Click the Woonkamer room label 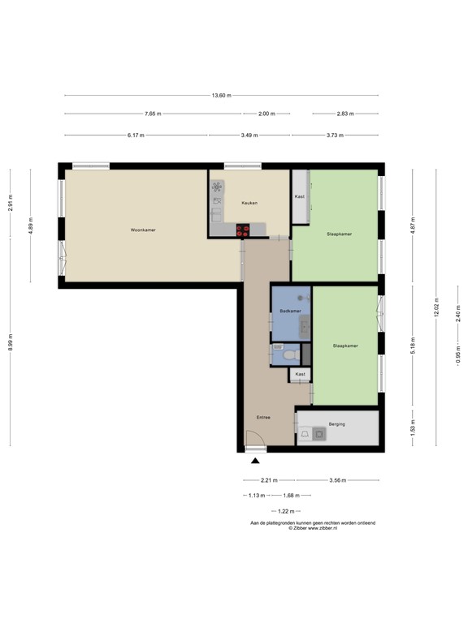tap(143, 230)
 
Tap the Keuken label tap(249, 203)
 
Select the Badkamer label tap(290, 311)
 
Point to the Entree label tap(263, 418)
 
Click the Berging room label tap(337, 424)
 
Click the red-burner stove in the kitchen tap(243, 230)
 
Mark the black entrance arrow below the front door tap(255, 462)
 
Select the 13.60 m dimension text tap(221, 96)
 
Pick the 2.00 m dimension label tap(266, 114)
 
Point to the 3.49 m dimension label tap(250, 135)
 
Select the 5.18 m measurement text tap(413, 345)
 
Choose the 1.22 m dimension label tap(284, 511)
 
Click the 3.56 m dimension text tap(336, 481)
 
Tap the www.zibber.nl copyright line tap(313, 528)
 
